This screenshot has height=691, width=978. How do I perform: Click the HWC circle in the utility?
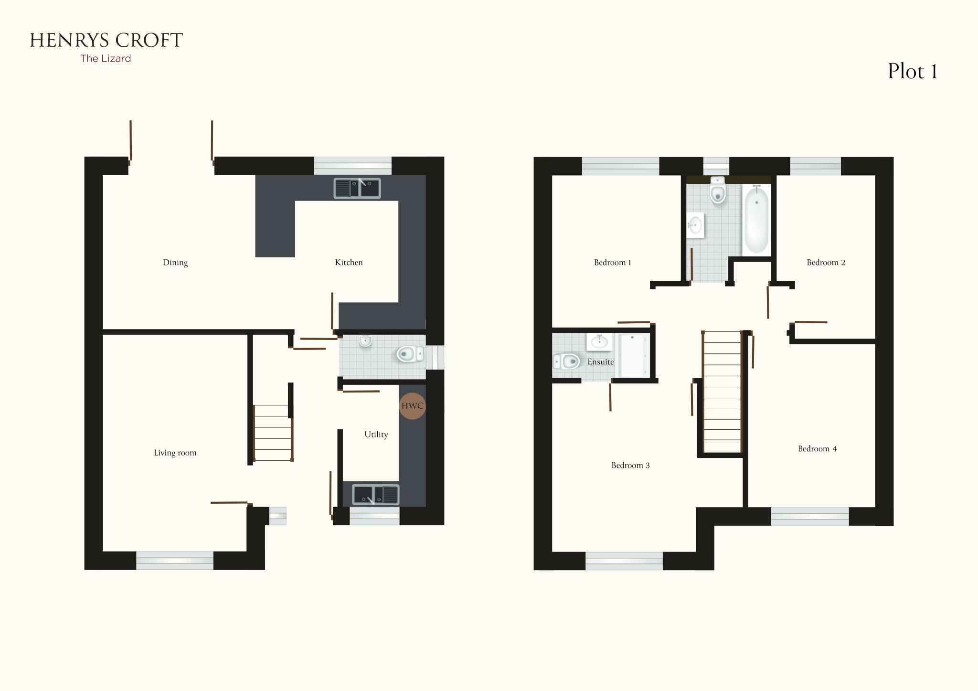(412, 406)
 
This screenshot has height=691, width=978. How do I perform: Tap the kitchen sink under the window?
(357, 188)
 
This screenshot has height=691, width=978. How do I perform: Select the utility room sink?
(376, 495)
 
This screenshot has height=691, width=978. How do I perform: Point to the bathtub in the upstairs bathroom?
(756, 220)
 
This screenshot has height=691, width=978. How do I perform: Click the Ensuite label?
(600, 362)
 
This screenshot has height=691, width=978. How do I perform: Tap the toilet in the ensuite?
(566, 361)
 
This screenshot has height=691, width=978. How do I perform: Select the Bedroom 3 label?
(630, 466)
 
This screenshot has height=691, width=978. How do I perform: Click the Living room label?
(175, 453)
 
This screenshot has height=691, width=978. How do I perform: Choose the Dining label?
(175, 263)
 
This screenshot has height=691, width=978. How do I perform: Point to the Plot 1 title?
(912, 72)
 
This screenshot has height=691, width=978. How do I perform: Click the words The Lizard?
(106, 59)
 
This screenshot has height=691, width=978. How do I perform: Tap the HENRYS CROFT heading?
(106, 41)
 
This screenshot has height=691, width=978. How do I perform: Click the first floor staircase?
(722, 392)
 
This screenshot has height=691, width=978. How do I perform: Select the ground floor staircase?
(273, 433)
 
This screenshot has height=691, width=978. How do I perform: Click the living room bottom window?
(175, 560)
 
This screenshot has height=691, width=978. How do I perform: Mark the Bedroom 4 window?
(810, 516)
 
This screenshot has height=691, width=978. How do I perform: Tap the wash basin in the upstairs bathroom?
(695, 224)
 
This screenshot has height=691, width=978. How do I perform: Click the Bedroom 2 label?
(826, 263)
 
